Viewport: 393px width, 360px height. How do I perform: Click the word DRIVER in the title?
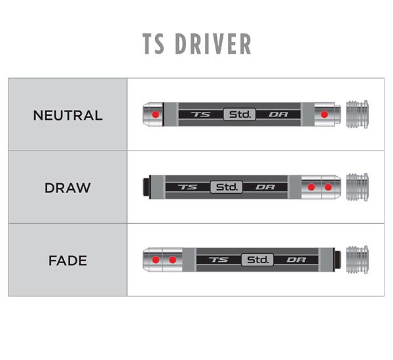point(213,44)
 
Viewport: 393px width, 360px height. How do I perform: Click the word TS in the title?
point(153,44)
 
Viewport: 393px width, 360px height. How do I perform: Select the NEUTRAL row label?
point(67,115)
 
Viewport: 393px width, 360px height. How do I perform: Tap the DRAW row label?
point(67,188)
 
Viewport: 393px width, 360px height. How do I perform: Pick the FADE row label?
point(67,261)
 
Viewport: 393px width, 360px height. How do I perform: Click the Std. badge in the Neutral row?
point(240,115)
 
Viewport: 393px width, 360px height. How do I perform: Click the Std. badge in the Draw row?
point(227,187)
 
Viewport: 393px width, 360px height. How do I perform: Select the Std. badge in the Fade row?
point(257,260)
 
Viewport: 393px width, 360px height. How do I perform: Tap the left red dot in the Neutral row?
point(156,115)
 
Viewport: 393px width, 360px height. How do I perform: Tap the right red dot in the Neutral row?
point(324,115)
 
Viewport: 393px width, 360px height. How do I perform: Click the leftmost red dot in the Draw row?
point(311,187)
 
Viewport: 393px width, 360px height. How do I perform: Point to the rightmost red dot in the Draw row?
point(328,187)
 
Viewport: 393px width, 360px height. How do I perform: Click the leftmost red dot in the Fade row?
point(156,260)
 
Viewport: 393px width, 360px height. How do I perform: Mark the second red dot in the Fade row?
point(172,260)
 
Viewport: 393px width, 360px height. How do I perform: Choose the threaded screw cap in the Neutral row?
point(357,115)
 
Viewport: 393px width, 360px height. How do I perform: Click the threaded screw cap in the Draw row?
point(357,187)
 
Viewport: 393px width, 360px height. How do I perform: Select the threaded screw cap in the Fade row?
point(357,260)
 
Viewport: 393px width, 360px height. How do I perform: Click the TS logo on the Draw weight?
point(188,187)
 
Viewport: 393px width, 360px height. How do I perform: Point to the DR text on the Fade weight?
point(296,260)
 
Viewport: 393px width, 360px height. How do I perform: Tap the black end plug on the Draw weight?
point(146,187)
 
